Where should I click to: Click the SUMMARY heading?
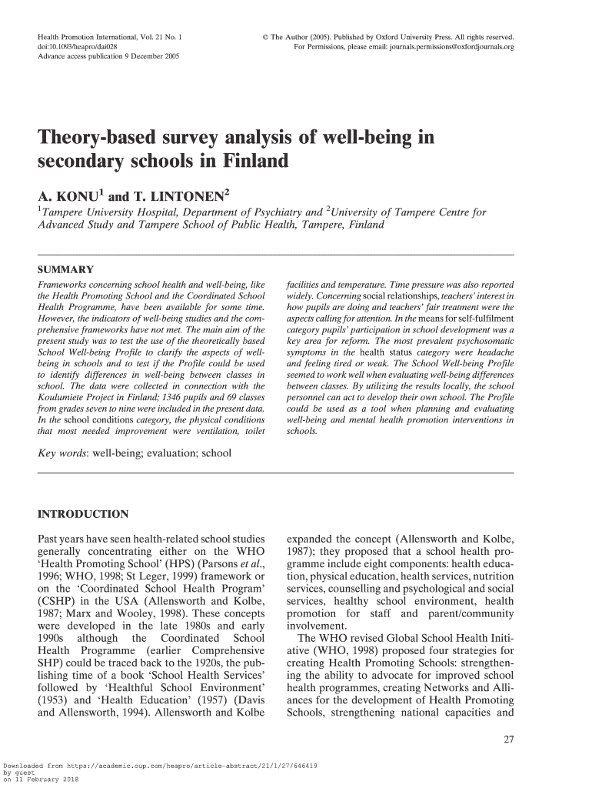coord(66,269)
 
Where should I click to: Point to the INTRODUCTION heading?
coord(83,514)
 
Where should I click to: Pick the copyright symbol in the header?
coord(266,37)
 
